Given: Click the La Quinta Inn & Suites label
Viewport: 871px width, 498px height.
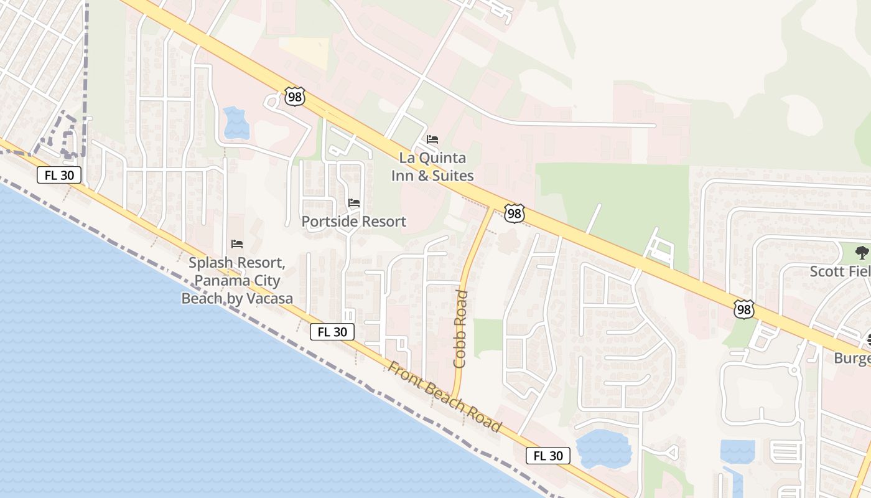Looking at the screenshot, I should coord(432,167).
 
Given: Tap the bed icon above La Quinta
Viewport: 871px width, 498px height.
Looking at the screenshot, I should coord(432,139).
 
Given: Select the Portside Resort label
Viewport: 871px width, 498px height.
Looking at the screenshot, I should coord(353,222).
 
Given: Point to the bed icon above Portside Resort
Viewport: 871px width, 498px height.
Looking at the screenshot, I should coord(354,203).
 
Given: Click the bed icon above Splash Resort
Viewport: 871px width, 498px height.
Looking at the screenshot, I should coord(236,243).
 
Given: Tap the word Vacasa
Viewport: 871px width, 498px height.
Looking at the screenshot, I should coord(268,299).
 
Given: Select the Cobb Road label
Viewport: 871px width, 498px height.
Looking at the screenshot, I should coord(460,328).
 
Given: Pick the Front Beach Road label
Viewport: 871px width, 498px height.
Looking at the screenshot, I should coord(444,397).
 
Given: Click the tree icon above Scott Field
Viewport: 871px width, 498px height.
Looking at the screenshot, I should coord(862,252).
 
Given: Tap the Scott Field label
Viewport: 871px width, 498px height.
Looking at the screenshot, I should coord(840,271).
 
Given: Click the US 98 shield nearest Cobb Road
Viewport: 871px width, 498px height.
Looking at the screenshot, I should coord(514,214).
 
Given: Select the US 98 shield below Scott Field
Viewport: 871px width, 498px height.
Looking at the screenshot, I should coord(744,309).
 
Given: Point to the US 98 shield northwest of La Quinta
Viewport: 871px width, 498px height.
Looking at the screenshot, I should coord(295,96).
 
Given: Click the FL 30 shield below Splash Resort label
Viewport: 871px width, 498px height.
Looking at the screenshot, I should coord(332,332).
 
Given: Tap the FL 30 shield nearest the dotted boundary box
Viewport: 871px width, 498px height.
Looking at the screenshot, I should coord(59,175).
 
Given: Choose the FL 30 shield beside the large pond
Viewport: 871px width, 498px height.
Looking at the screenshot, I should coord(548,456).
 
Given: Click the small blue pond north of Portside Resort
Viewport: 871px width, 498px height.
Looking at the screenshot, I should coord(236,122).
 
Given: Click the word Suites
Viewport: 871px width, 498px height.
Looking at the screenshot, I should coord(453,176).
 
